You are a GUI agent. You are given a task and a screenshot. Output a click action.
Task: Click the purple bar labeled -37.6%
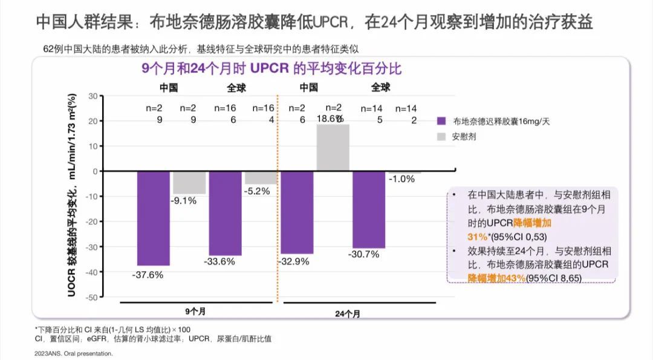[x=153, y=218]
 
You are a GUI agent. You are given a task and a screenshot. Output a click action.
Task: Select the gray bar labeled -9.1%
[x=189, y=182]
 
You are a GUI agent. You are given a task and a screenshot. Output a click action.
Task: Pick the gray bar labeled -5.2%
[x=261, y=177]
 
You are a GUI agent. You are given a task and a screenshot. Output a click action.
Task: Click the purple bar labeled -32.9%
[x=297, y=212]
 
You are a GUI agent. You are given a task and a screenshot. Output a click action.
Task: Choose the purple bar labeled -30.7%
[x=368, y=209]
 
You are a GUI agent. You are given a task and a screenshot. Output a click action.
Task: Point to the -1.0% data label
[x=402, y=179]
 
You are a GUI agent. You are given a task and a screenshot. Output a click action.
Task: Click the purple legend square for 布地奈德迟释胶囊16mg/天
[x=442, y=121]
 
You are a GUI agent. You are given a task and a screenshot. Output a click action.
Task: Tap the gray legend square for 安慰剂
[x=442, y=137]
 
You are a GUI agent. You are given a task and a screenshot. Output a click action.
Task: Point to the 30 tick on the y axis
[x=92, y=96]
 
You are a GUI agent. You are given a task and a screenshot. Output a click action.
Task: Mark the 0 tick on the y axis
[x=95, y=171]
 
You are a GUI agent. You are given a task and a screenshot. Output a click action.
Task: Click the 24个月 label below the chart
[x=348, y=314]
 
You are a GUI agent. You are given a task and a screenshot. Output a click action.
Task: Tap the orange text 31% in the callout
[x=478, y=235]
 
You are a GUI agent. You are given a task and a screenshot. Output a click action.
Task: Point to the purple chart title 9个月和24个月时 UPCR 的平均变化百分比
[x=271, y=68]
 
